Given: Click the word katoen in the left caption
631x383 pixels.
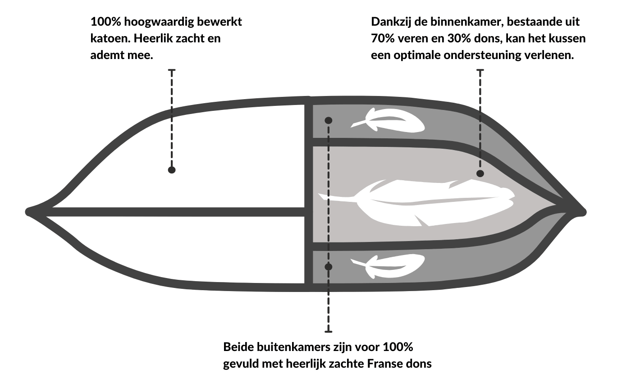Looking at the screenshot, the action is (x=110, y=38).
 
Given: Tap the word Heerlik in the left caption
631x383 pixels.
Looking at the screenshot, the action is (x=153, y=38).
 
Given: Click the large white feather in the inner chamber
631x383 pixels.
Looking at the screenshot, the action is (x=416, y=202).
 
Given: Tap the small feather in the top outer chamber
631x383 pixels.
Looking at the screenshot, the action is (x=388, y=120).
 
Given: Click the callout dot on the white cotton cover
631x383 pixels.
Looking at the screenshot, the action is (x=172, y=170).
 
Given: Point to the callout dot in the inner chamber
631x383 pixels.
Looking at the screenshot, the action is (x=480, y=173).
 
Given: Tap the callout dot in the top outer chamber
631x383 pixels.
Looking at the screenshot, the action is (x=329, y=121).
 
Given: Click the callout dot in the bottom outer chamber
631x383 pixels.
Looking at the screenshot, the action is (x=329, y=267).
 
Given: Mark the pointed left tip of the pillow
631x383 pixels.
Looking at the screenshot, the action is (x=27, y=212).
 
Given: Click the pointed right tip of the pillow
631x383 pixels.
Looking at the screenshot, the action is (x=584, y=212).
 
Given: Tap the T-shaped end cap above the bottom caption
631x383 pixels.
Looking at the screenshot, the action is (x=329, y=332).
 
